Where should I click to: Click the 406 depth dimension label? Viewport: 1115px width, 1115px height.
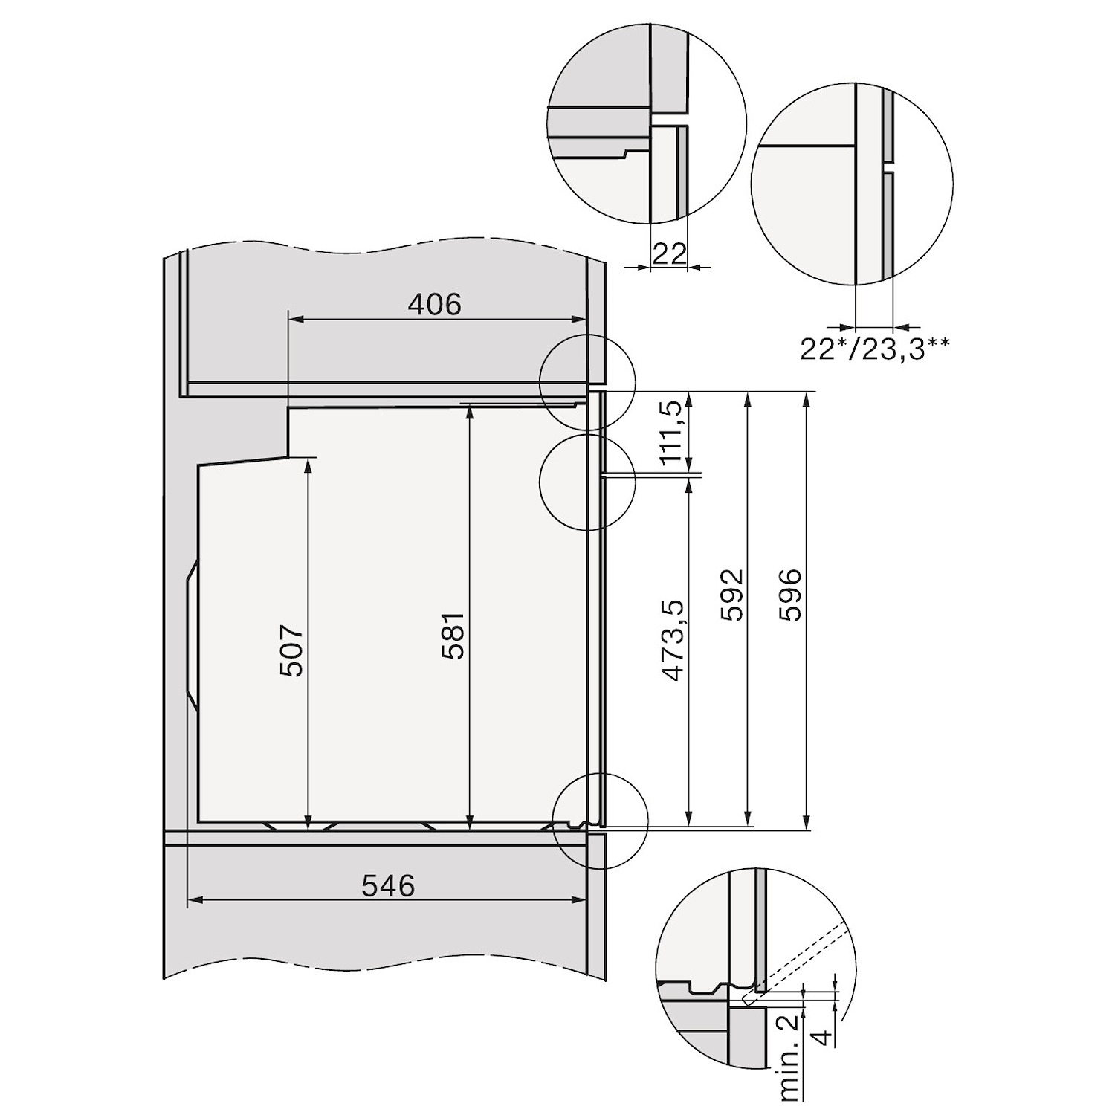click(x=435, y=304)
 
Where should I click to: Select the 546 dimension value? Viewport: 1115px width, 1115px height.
click(x=388, y=885)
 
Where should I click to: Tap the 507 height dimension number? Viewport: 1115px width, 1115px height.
click(x=292, y=651)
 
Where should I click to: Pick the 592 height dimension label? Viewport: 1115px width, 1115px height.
click(x=732, y=595)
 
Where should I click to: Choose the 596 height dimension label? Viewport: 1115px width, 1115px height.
click(x=789, y=595)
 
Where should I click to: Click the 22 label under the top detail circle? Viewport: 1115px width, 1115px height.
click(x=669, y=254)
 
